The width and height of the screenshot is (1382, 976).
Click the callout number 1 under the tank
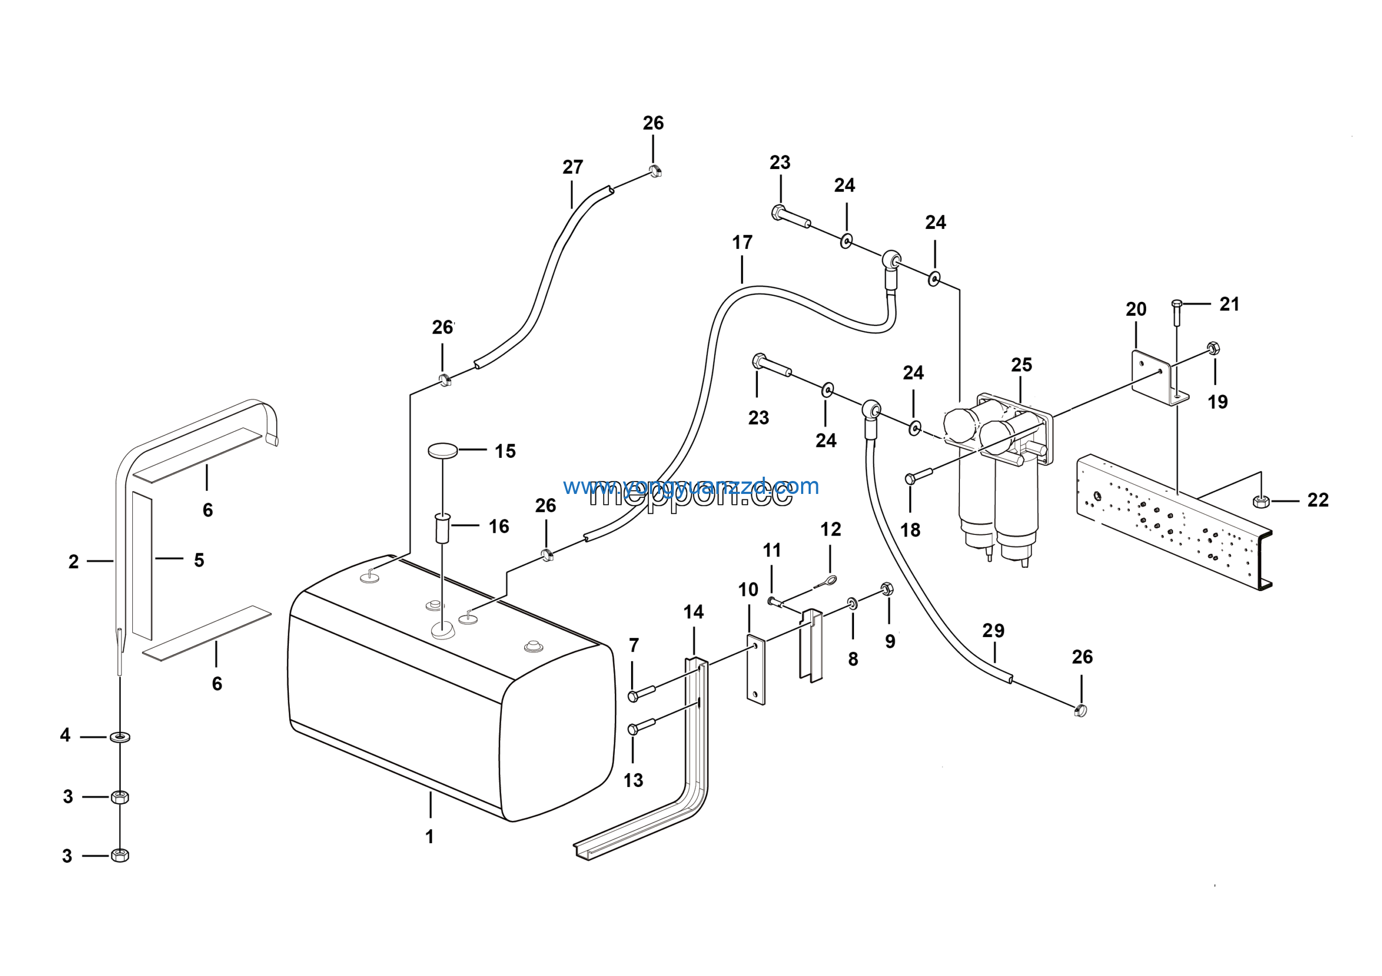429,836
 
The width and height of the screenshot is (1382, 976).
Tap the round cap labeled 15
443,450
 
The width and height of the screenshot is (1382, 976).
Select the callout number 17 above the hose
742,242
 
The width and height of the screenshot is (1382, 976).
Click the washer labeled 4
120,736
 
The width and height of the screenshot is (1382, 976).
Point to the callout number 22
1318,500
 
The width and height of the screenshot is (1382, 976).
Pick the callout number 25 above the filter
1021,364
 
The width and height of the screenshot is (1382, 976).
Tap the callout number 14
693,612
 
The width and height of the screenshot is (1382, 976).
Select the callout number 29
993,631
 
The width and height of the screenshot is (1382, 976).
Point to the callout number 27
572,167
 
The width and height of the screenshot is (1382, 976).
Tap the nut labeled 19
1214,348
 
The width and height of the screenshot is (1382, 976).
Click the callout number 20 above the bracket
1136,309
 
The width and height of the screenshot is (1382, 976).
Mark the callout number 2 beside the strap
73,561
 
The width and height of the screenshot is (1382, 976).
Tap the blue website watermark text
690,486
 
